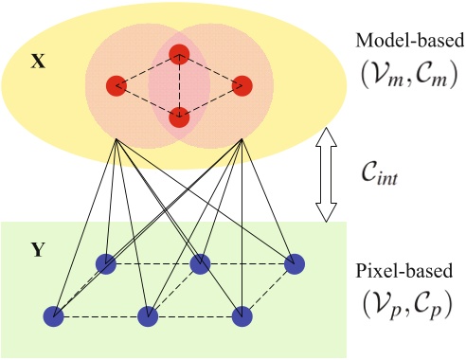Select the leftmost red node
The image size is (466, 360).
116,84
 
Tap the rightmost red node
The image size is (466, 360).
242,84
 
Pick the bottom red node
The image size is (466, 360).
179,117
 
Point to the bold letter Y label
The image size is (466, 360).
37,252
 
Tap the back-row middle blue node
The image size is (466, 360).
199,262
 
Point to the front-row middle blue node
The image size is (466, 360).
147,315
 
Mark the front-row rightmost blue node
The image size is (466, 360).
242,315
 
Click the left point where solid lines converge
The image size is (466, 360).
116,140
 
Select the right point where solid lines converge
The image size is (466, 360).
242,140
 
